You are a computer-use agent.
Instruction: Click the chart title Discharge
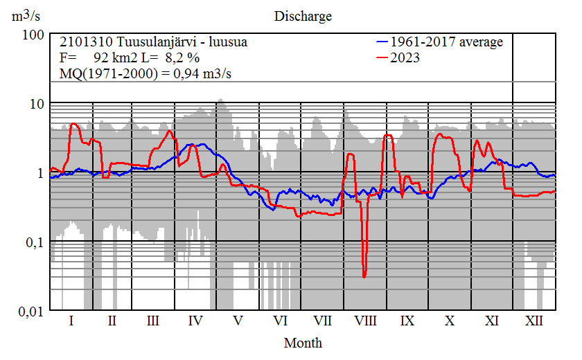[x=303, y=16]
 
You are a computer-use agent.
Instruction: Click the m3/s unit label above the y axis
[x=26, y=16]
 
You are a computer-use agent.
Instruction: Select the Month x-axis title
[x=303, y=342]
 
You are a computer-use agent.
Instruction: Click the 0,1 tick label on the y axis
[x=33, y=242]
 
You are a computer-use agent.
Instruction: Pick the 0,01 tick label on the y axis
[x=30, y=311]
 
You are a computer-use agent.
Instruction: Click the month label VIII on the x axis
[x=365, y=321]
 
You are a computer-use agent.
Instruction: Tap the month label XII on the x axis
[x=533, y=321]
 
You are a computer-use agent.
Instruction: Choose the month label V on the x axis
[x=238, y=321]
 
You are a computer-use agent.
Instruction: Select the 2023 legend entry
[x=405, y=57]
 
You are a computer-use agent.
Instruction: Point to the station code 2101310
[x=82, y=42]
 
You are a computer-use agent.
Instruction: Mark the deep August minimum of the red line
[x=364, y=277]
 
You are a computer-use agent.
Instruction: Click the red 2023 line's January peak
[x=73, y=124]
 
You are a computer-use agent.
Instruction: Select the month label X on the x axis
[x=450, y=321]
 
